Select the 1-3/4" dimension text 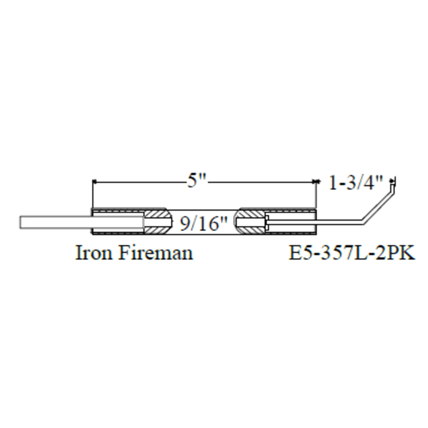click(355, 182)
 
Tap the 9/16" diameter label click(203, 223)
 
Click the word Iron click(94, 253)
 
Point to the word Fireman click(156, 253)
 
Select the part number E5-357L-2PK click(352, 253)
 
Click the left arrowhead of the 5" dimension click(95, 182)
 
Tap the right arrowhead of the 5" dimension click(314, 182)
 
